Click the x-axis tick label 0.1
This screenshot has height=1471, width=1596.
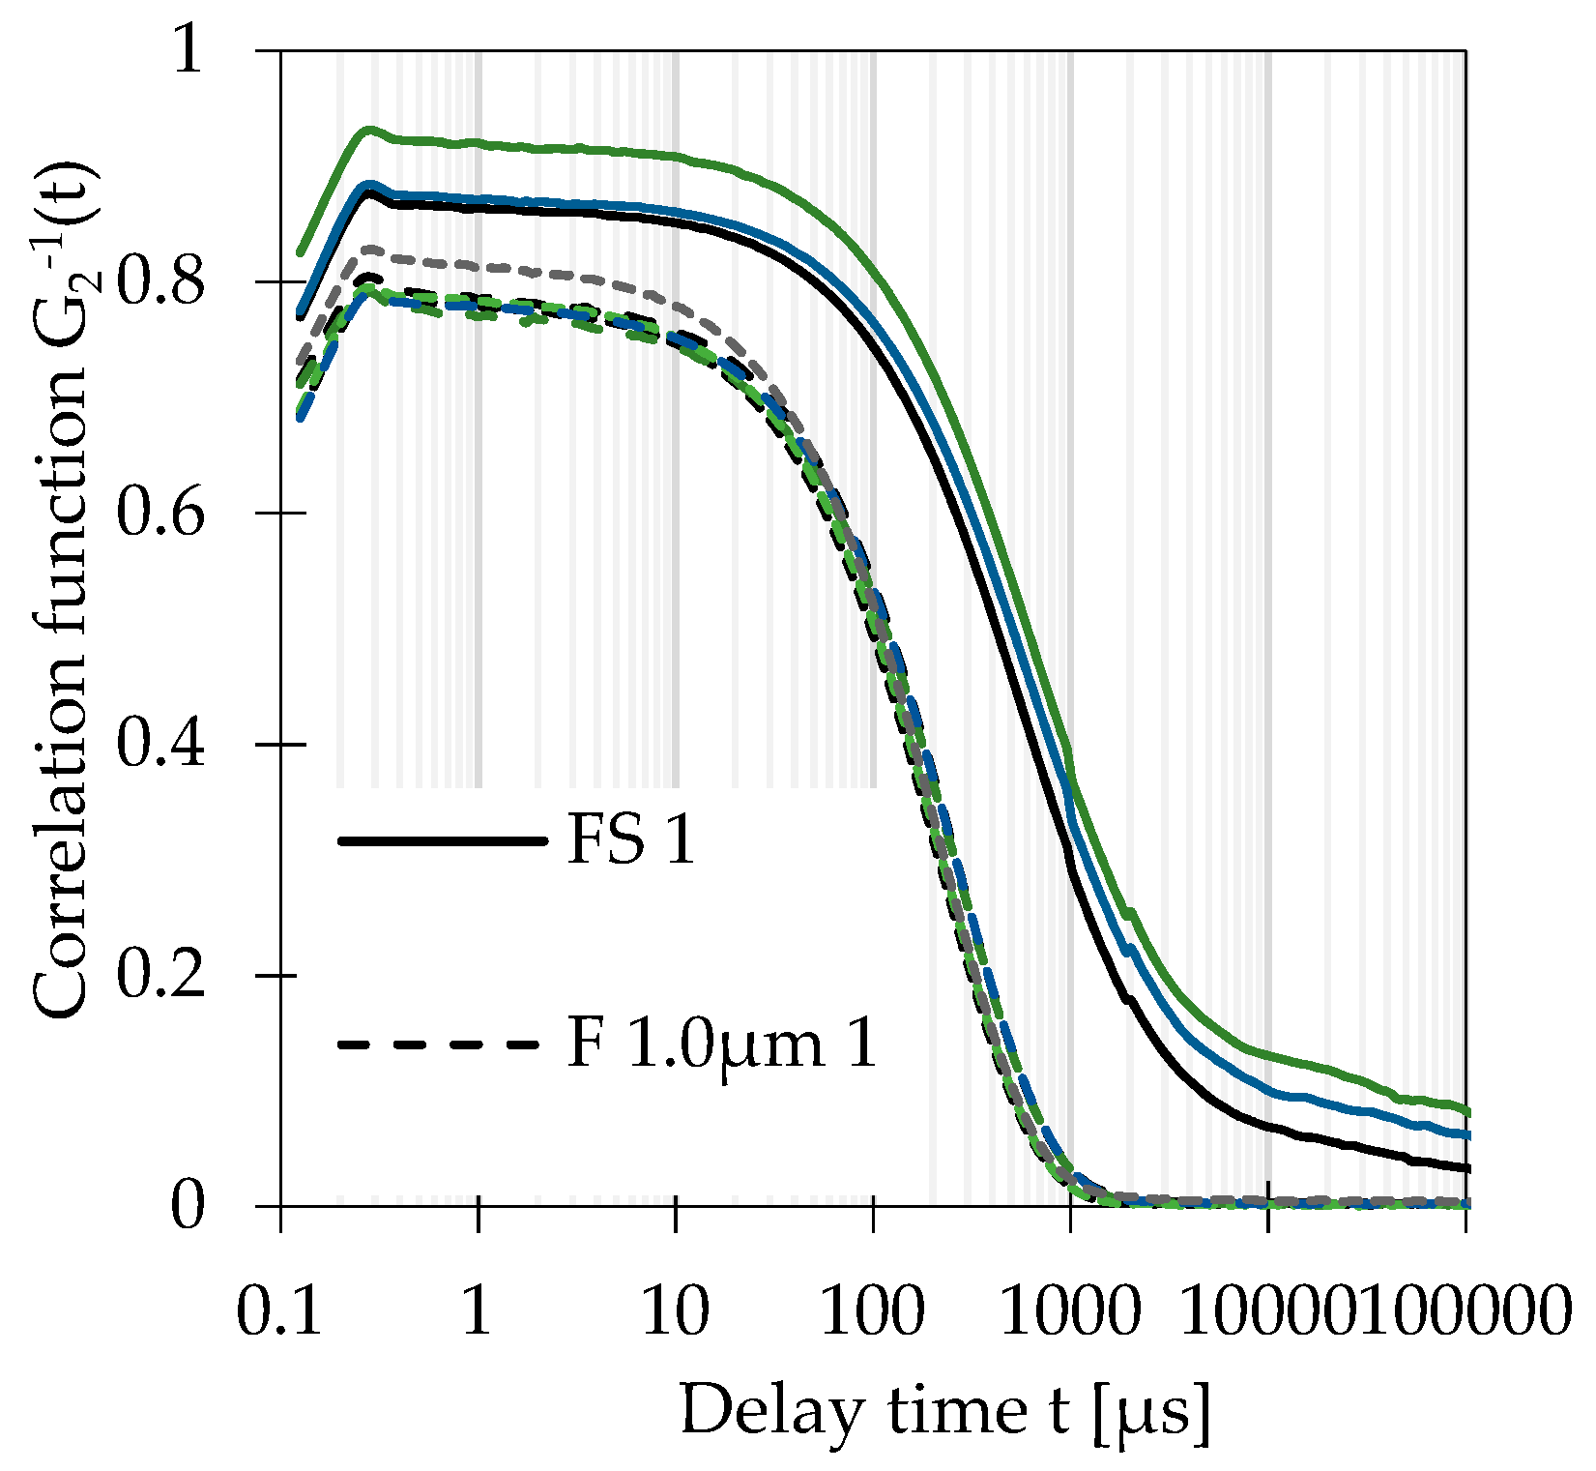[x=279, y=1312]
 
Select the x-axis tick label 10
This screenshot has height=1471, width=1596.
[x=675, y=1312]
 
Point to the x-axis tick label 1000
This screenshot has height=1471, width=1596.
[x=1069, y=1312]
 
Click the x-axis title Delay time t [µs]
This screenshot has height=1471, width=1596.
[x=944, y=1412]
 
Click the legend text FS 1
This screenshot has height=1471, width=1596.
[x=630, y=840]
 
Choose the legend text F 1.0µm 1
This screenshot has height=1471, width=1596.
[x=721, y=1044]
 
